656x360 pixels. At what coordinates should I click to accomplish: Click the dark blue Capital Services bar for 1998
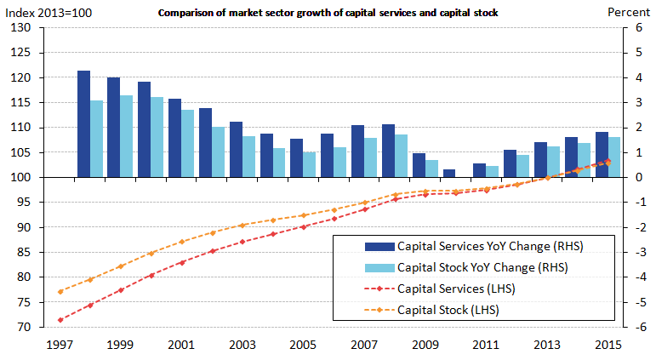pyautogui.click(x=83, y=124)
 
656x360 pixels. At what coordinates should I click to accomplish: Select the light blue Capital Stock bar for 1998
pyautogui.click(x=96, y=139)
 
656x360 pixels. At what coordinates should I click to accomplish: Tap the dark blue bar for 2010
pyautogui.click(x=449, y=174)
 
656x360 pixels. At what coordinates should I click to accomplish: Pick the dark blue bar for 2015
pyautogui.click(x=601, y=155)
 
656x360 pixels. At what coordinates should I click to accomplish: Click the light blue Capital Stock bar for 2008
pyautogui.click(x=401, y=156)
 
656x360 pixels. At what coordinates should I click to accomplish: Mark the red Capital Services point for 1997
pyautogui.click(x=60, y=320)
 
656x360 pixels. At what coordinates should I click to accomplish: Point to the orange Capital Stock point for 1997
pyautogui.click(x=60, y=291)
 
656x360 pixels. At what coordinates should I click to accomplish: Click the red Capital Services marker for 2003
pyautogui.click(x=242, y=242)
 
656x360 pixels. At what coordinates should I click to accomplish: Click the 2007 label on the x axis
pyautogui.click(x=363, y=345)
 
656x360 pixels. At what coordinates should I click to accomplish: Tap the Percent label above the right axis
pyautogui.click(x=628, y=12)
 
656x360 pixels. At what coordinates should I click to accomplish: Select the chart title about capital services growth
pyautogui.click(x=328, y=13)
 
